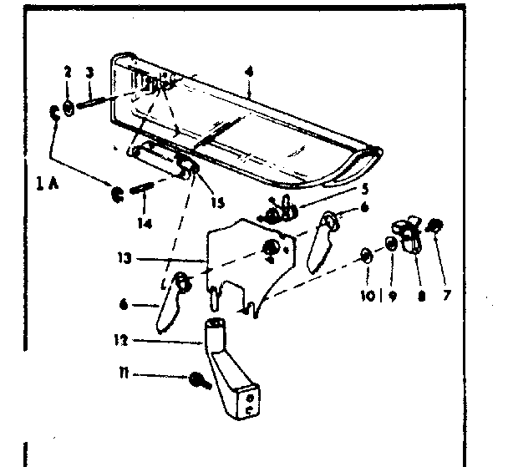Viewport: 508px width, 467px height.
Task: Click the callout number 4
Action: pos(248,71)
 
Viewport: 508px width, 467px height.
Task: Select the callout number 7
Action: pos(444,296)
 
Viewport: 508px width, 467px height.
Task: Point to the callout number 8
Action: pos(420,296)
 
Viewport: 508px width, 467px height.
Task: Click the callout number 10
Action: pos(365,296)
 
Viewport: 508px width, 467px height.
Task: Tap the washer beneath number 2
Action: pos(69,107)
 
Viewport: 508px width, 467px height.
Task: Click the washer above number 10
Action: pos(367,254)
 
